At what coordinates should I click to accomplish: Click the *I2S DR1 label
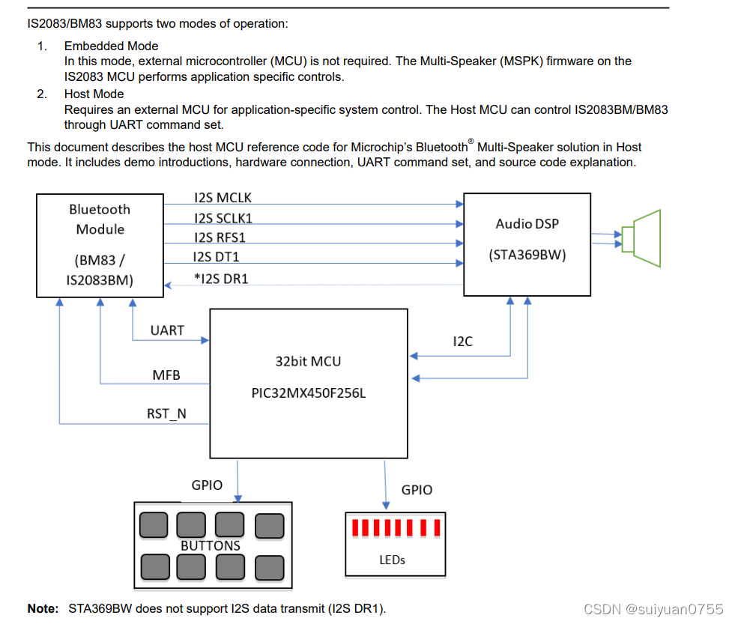click(223, 279)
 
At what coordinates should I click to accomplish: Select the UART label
click(167, 330)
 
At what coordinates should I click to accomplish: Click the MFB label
click(166, 375)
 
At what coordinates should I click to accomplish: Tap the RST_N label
click(166, 414)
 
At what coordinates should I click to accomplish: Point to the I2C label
click(463, 342)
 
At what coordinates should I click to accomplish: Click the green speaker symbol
click(644, 238)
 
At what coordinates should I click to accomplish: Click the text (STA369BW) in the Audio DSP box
click(527, 255)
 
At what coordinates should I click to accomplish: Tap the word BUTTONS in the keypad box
click(211, 545)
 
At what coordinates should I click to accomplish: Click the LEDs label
click(393, 560)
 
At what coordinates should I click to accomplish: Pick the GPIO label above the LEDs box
click(417, 490)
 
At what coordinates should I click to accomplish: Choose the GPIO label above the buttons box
click(207, 485)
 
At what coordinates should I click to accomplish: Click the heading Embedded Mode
click(111, 46)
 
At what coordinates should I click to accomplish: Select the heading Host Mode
click(94, 94)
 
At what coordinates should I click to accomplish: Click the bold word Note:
click(43, 608)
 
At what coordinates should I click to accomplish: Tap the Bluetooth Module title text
click(100, 219)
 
